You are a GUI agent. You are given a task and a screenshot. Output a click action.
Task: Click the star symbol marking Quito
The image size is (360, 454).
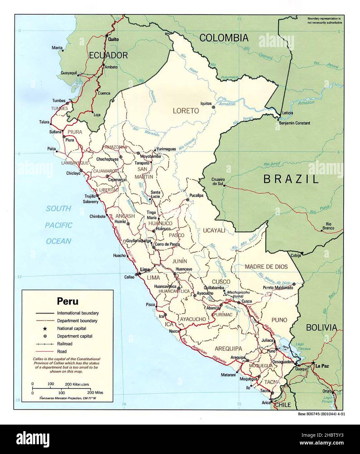[107, 35]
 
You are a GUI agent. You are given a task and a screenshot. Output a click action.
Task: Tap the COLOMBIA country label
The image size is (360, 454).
[224, 38]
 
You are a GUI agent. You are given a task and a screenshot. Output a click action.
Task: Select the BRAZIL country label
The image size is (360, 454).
[290, 179]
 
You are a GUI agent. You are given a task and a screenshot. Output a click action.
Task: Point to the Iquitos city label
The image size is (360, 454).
[206, 103]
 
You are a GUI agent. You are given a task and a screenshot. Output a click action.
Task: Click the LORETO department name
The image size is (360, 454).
[186, 111]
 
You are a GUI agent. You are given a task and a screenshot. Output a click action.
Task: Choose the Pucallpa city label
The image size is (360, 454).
[196, 195]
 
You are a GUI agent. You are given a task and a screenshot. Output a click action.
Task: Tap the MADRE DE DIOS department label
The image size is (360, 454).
[266, 267]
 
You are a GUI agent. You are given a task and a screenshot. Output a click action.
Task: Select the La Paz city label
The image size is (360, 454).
[321, 366]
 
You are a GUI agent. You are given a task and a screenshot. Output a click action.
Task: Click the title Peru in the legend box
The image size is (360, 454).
[68, 300]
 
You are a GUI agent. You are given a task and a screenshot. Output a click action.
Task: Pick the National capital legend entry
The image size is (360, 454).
[71, 328]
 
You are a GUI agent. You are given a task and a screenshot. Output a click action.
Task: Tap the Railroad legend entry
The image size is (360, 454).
[65, 344]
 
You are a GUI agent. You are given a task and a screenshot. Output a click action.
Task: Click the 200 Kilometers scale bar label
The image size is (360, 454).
[77, 384]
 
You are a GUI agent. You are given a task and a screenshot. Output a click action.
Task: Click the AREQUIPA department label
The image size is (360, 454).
[228, 348]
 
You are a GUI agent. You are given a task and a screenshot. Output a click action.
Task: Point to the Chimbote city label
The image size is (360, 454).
[98, 216]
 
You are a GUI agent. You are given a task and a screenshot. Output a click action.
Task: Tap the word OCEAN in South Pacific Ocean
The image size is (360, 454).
[58, 241]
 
